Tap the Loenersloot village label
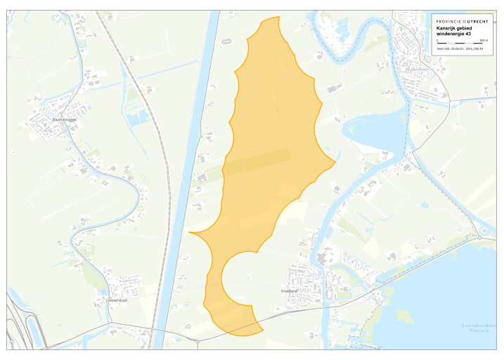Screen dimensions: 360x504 click(115, 300)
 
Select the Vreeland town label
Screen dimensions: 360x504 click(288, 290)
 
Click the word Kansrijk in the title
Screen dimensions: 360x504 click(447, 29)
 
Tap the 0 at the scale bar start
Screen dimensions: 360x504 click(437, 41)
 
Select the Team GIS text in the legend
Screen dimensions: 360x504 click(443, 49)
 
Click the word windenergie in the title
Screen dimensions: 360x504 click(452, 34)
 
